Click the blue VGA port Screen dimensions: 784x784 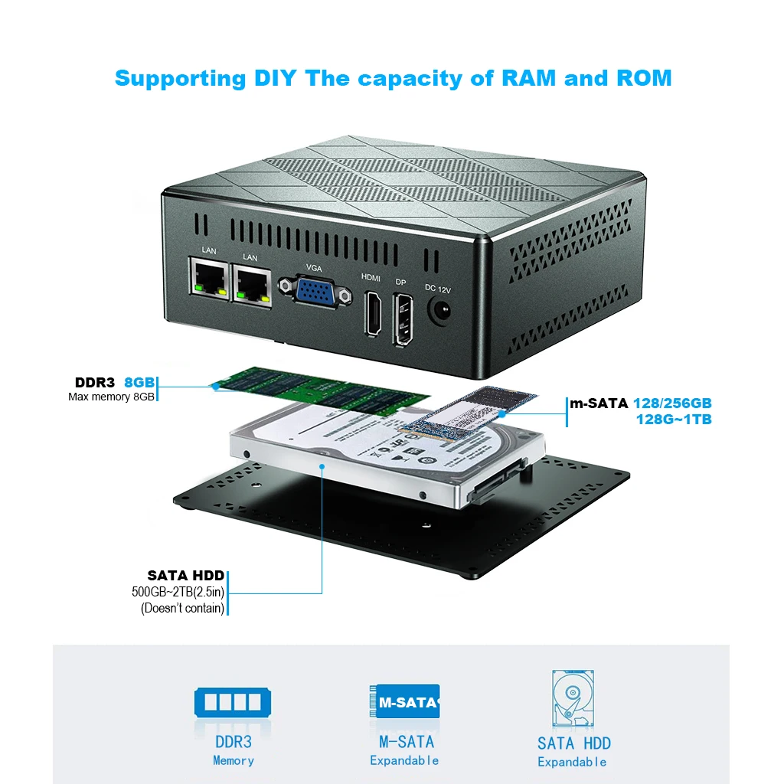coord(314,292)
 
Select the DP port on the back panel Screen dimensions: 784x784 coord(404,319)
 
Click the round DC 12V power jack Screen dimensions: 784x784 coord(439,312)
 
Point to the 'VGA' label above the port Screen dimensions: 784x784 coord(314,267)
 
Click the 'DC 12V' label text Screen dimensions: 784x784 coord(439,288)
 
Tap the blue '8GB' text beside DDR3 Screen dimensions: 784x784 coord(140,382)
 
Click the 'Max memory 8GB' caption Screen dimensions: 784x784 coord(111,397)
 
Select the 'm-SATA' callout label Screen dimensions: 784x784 coord(598,403)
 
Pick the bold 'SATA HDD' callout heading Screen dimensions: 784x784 coord(186,576)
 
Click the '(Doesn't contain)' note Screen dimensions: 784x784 coord(182,608)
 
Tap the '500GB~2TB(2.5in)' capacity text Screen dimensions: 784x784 coord(178,592)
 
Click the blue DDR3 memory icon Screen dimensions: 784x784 coord(233,702)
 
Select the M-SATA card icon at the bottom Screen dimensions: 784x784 coord(404,701)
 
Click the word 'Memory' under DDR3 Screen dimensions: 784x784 coord(234,760)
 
